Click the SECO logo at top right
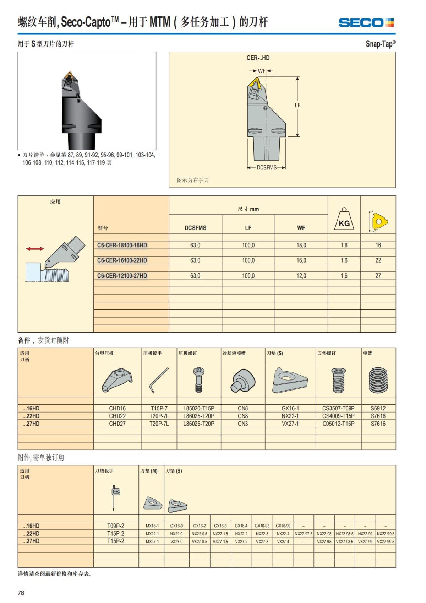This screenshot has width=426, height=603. coord(366,23)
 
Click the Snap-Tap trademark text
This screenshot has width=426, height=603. coord(380,44)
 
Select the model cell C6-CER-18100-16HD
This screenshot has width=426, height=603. coord(122,245)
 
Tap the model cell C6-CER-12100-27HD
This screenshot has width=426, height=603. coord(122,276)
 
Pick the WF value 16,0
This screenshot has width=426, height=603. coord(301,260)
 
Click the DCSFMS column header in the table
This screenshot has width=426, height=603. coord(195,228)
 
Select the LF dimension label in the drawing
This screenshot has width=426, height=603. coord(297,105)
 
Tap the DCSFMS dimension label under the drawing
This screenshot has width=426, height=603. coord(266,168)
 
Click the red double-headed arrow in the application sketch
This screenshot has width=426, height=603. coord(35,249)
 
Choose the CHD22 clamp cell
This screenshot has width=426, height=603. coord(117,416)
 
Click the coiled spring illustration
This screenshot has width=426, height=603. coord(378,380)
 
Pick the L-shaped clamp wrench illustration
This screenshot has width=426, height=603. coord(158,380)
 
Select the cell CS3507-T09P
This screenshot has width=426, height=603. coord(338,409)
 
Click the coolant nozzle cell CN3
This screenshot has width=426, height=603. coord(243,424)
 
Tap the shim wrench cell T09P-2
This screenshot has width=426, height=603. coord(116,526)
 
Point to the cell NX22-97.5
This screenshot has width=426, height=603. coord(304,534)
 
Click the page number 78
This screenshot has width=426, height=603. coord(21,593)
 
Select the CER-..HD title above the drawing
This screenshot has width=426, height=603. coord(258,58)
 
